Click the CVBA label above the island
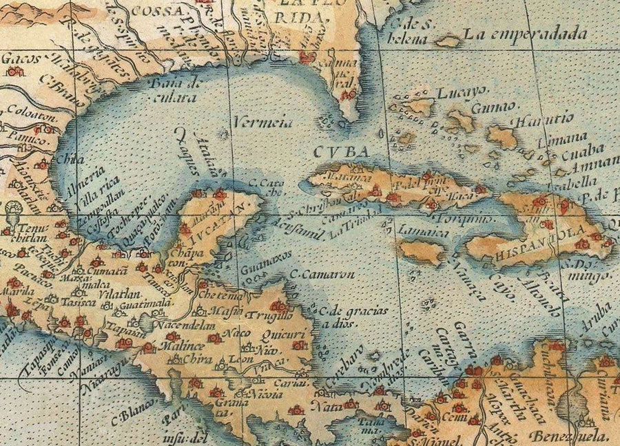pos(351,152)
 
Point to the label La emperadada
pos(525,34)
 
